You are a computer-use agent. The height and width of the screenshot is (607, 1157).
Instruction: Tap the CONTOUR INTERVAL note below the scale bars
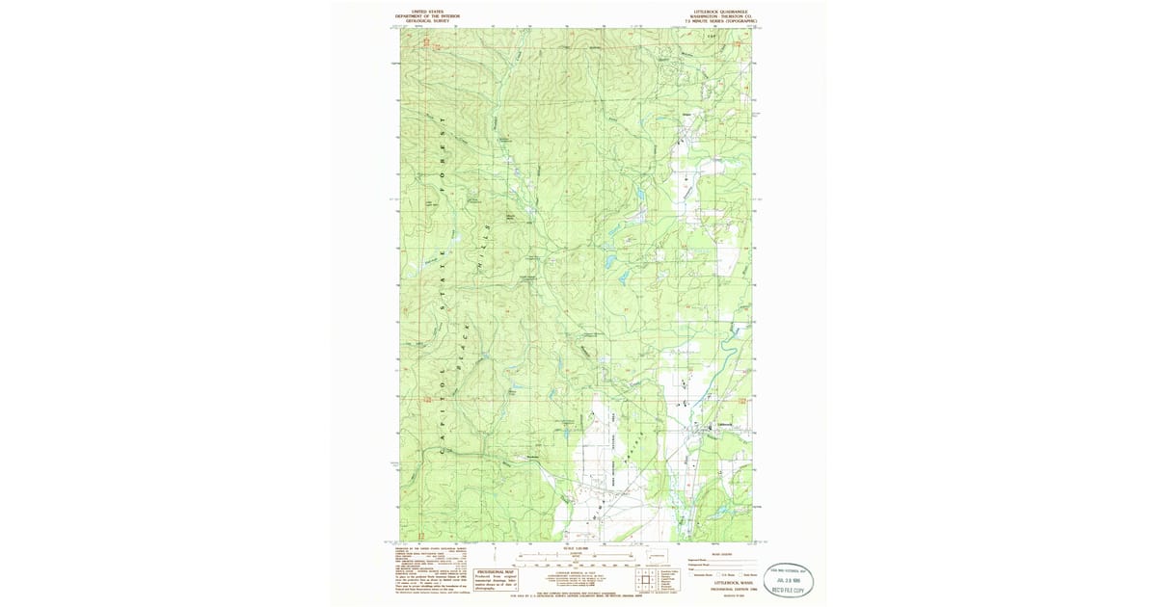pos(578,572)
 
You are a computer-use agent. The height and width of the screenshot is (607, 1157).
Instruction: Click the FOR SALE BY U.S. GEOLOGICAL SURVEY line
pos(578,596)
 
